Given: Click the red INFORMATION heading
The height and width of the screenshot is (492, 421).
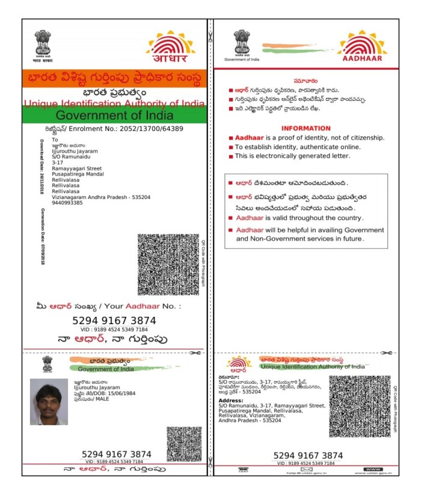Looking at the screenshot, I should (306, 128).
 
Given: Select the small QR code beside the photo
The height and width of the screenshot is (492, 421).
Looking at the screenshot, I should (183, 443).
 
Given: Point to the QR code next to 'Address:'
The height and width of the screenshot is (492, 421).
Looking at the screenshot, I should (359, 407).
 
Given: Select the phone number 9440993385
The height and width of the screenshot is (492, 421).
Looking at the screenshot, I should (67, 203).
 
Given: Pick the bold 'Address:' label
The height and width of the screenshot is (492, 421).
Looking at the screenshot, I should (231, 400).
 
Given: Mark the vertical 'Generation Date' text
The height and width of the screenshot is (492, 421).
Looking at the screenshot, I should (43, 231).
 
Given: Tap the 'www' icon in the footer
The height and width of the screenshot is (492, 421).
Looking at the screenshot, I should (373, 469).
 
